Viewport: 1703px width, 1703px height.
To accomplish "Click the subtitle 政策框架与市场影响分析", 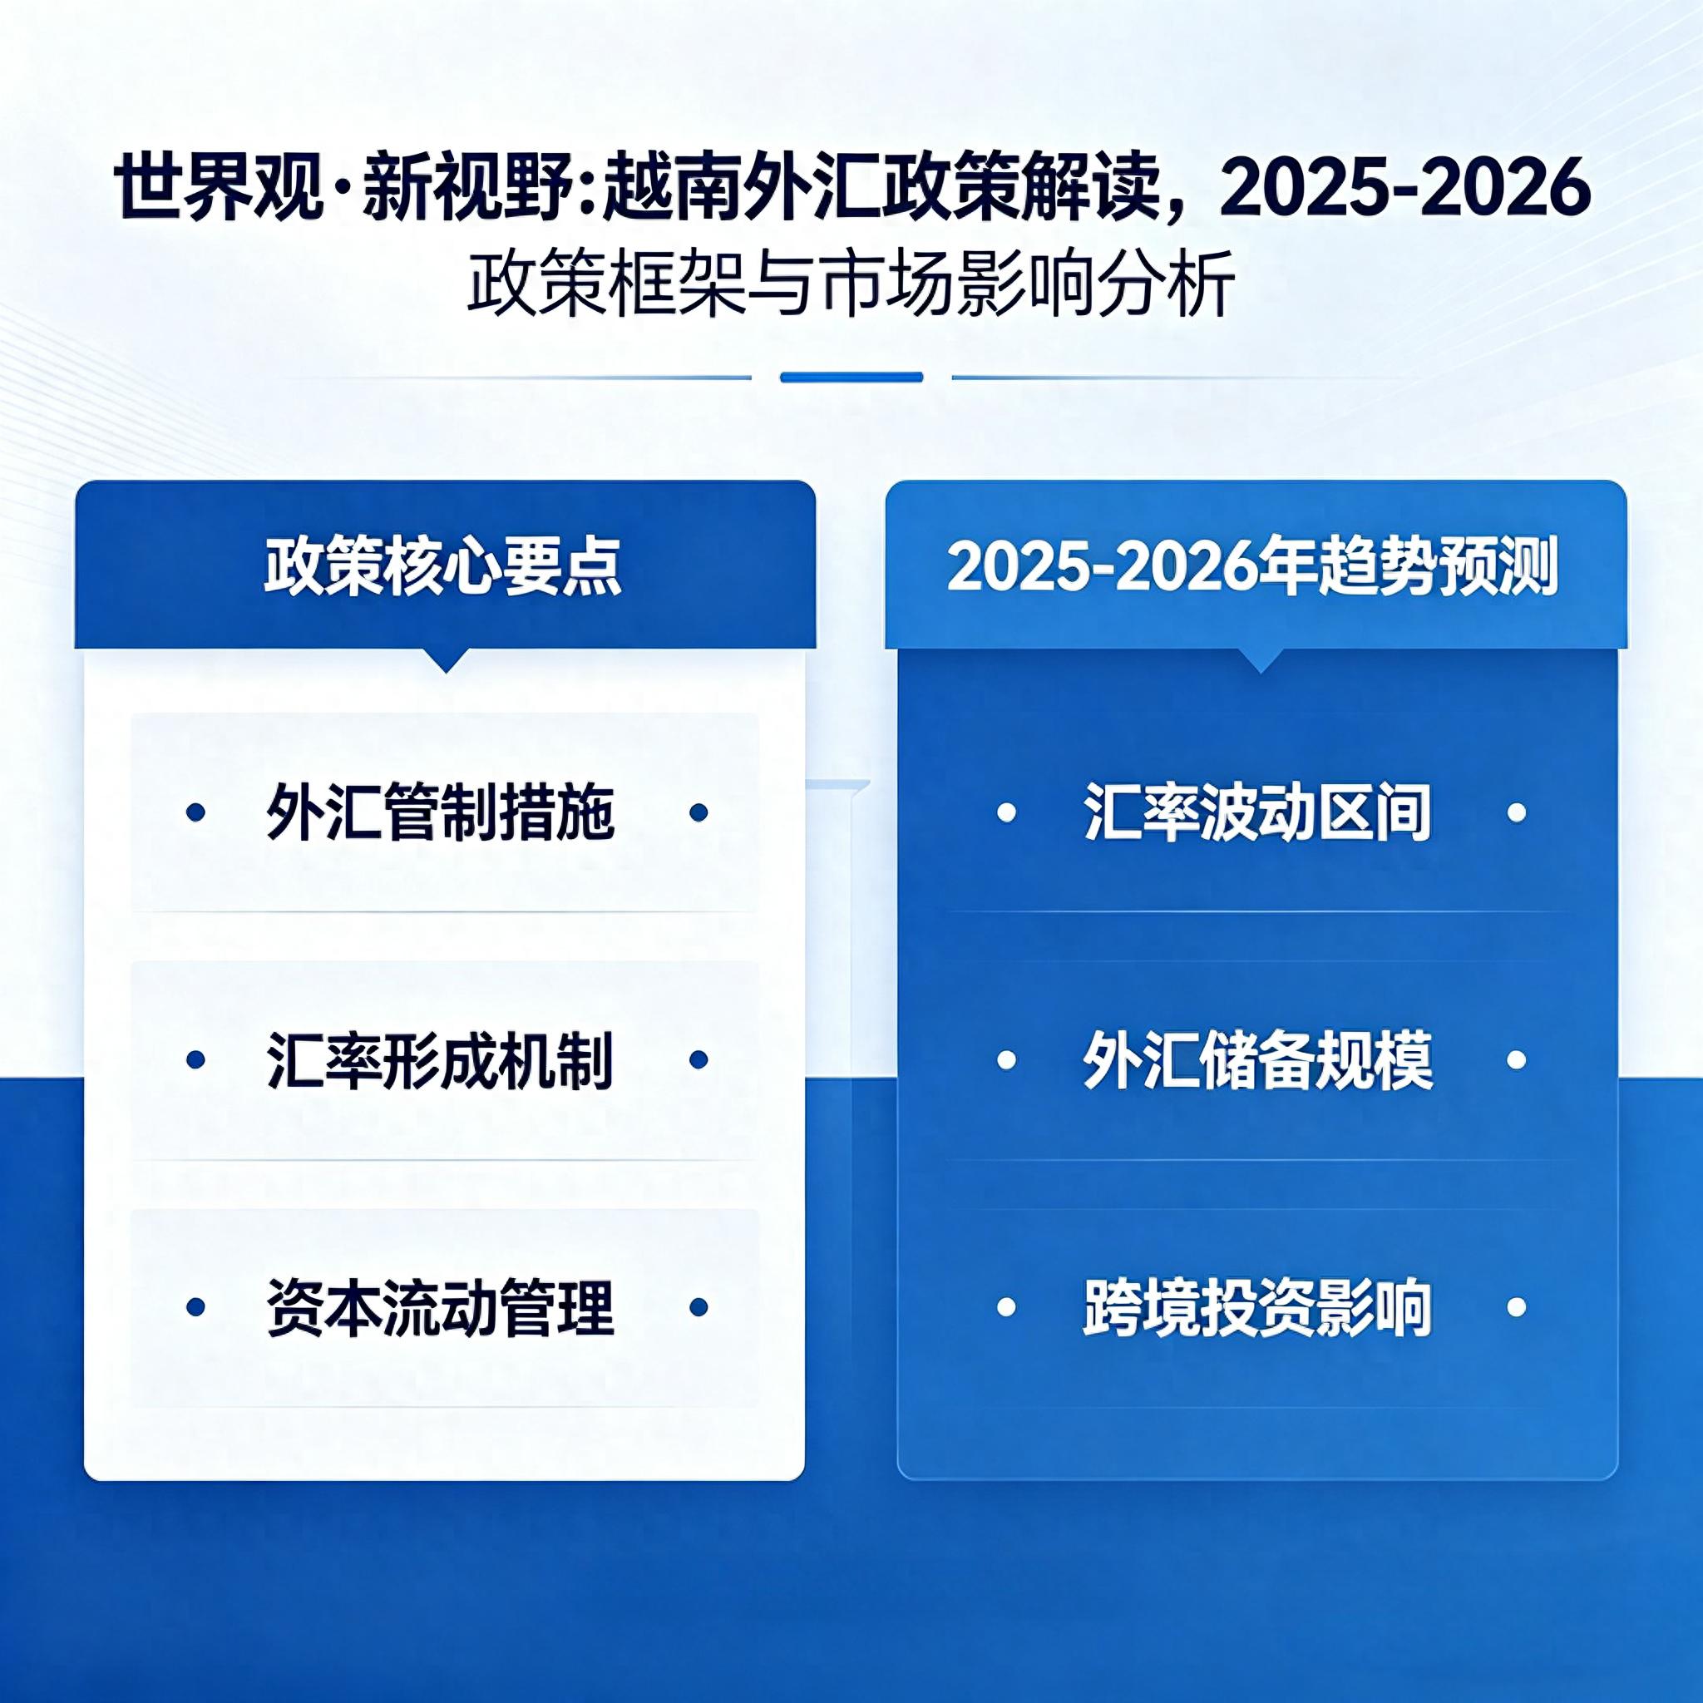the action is point(851,284).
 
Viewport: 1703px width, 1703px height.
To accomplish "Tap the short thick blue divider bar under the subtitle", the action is point(851,378).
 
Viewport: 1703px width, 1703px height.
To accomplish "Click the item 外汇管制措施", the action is point(440,812).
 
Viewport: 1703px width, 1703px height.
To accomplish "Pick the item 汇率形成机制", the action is point(440,1059).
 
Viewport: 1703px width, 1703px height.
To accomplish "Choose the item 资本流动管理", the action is point(440,1307).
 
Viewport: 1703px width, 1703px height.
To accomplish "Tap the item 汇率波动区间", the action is point(1258,812).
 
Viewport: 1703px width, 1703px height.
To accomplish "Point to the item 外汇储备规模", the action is point(1258,1059).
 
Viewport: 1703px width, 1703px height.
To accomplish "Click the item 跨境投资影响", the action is point(1258,1307).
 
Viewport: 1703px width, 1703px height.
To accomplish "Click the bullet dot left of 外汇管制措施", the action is point(196,812).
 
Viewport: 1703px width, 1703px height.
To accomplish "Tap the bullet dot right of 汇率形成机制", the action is point(699,1059).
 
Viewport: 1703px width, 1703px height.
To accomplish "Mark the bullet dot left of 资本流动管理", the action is point(196,1307).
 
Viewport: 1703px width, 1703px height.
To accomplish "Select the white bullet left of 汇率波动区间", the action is point(1006,812).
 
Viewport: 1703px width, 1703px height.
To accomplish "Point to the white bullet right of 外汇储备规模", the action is point(1517,1059).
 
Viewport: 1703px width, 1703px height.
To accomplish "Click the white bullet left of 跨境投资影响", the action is point(1006,1307).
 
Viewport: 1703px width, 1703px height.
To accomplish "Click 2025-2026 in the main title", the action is point(1406,188).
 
